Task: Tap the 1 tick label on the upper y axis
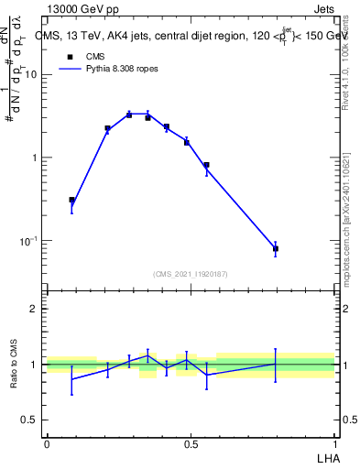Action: click(35, 158)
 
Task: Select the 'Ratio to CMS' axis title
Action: click(14, 364)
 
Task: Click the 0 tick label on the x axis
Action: click(47, 443)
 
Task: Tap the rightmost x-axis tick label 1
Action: click(334, 443)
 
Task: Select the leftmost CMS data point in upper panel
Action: click(71, 200)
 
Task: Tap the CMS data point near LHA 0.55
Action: click(206, 166)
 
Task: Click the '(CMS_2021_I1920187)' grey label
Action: click(191, 274)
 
